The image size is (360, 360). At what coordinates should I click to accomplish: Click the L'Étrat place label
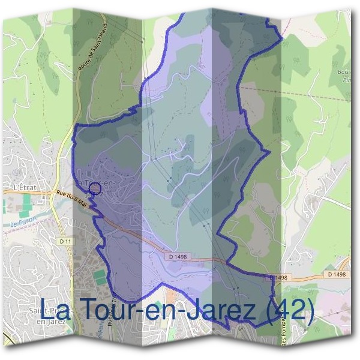coord(25,187)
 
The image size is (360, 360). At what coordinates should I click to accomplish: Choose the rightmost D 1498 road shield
coord(338,274)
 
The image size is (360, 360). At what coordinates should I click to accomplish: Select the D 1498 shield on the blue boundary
coord(278,278)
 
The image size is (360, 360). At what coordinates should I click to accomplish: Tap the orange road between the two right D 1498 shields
coord(307,277)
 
